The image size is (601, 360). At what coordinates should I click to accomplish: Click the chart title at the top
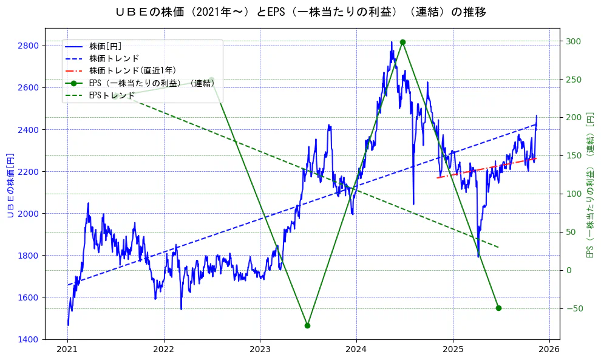point(300,12)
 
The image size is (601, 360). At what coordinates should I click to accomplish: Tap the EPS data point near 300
point(402,42)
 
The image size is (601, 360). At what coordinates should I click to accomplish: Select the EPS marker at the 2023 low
point(307,325)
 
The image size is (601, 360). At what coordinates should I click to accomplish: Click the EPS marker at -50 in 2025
point(498,308)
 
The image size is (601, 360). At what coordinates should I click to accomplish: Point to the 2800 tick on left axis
point(29,46)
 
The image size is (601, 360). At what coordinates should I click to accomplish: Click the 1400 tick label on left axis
point(29,339)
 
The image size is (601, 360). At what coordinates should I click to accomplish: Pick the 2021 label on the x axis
point(67,349)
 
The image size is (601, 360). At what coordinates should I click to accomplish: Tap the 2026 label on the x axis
point(549,349)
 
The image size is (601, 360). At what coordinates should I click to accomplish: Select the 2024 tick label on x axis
point(356,349)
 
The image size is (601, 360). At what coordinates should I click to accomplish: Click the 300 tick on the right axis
point(574,41)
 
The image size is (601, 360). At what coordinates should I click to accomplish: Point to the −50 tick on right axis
point(574,308)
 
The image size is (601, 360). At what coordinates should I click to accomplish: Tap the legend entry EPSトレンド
point(112,95)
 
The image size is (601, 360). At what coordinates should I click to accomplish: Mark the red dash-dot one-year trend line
point(486,168)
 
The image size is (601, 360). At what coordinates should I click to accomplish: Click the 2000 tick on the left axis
point(29,213)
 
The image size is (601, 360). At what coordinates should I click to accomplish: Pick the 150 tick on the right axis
point(574,156)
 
